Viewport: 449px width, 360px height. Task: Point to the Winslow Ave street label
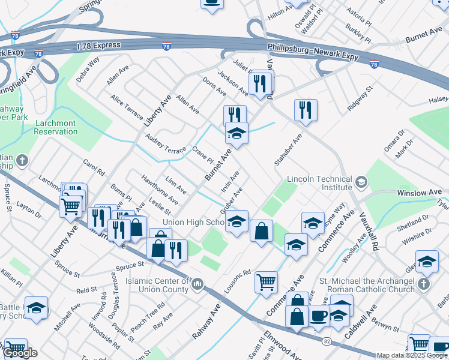pyautogui.click(x=420, y=193)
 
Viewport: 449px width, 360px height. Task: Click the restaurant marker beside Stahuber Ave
pyautogui.click(x=306, y=110)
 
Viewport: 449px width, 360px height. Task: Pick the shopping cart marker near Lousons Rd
pyautogui.click(x=266, y=281)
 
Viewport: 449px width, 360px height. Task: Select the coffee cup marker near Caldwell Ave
pyautogui.click(x=318, y=315)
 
